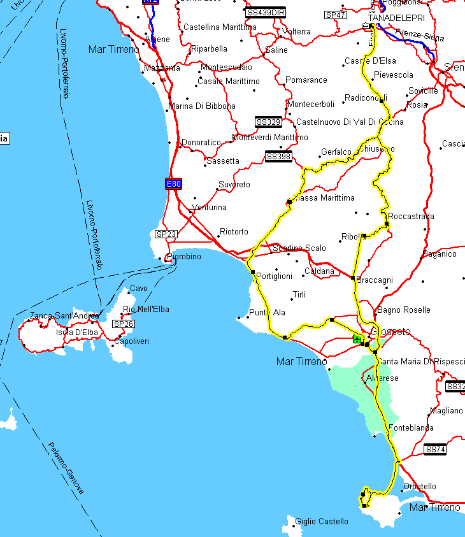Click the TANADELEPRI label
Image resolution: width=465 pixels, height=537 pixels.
point(396,18)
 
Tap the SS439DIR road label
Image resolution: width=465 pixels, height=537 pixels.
point(265,12)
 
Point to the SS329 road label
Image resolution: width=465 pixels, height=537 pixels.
point(268,122)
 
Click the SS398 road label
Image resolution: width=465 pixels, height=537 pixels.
point(278,157)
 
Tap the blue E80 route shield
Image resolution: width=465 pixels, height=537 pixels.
point(173,184)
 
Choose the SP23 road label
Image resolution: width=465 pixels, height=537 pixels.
point(166,234)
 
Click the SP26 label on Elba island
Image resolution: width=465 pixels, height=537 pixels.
point(124,324)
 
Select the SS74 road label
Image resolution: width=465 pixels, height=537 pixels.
point(435,450)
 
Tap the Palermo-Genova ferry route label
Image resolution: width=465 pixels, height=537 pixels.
point(66,468)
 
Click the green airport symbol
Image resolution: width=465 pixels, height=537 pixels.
point(357,339)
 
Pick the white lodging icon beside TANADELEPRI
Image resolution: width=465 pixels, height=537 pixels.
point(366,26)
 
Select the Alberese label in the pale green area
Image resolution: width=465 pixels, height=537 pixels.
point(378,378)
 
